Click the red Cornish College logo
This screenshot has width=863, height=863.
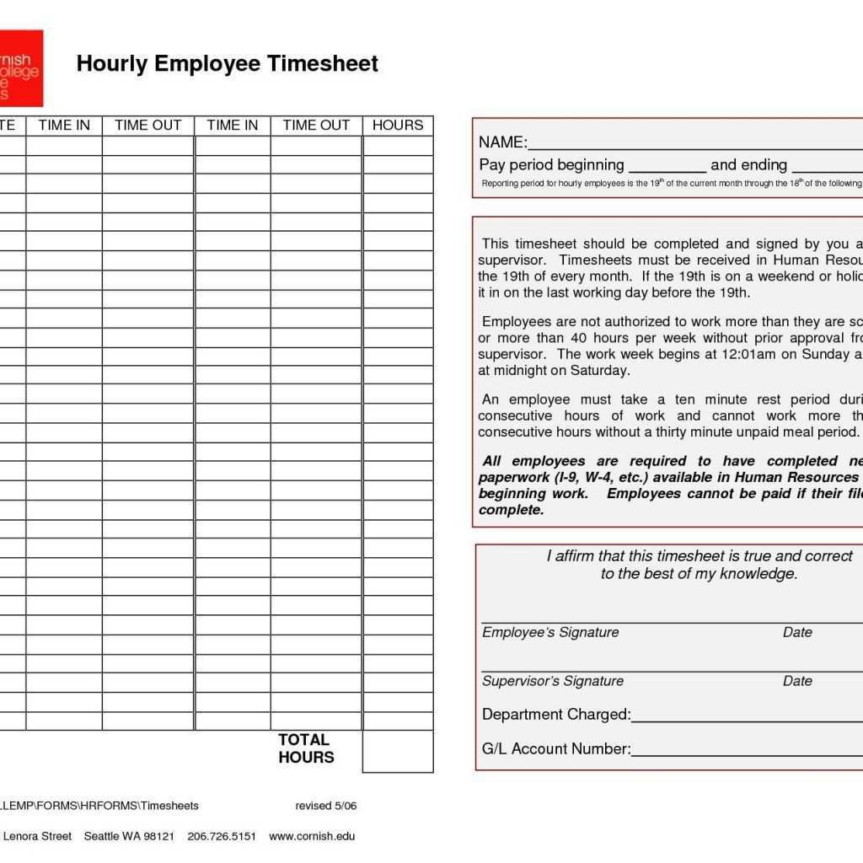tap(20, 68)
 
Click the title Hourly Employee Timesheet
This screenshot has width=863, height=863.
tap(227, 64)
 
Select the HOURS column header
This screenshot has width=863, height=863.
tap(398, 126)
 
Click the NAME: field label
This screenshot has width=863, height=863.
tap(503, 142)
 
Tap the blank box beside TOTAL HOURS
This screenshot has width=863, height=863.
tap(398, 751)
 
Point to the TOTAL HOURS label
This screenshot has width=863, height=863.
tap(306, 748)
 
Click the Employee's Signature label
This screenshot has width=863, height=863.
tap(550, 632)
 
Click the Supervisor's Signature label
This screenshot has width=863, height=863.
tap(553, 681)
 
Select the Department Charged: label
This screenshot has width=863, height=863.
tap(556, 715)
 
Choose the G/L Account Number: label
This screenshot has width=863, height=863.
tap(556, 748)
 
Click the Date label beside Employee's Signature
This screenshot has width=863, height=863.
tap(797, 632)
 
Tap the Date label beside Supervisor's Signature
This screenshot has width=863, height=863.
tap(797, 681)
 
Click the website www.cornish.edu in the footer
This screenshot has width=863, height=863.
tap(312, 836)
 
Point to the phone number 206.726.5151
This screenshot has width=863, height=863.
tap(222, 836)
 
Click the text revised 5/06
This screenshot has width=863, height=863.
tap(326, 806)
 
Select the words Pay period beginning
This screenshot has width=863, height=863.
tap(551, 164)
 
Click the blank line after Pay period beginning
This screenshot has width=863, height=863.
tap(667, 167)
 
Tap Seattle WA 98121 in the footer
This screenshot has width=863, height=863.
tap(129, 836)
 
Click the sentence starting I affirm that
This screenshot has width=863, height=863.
tap(699, 565)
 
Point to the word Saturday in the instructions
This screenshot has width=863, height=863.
tap(599, 371)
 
